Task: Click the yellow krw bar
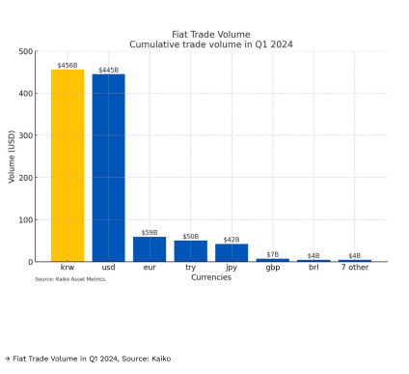tap(68, 165)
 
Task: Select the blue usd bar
tap(109, 168)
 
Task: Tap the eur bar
tap(150, 249)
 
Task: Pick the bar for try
tap(191, 251)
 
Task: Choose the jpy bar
tap(232, 253)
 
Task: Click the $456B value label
tap(68, 66)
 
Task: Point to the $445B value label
tap(109, 71)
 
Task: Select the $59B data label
tap(150, 233)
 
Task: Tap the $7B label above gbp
tap(273, 254)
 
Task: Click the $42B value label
tap(232, 240)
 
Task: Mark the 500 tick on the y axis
tap(26, 51)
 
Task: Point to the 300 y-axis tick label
tap(26, 135)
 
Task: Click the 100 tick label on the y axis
tap(26, 220)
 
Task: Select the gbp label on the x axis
tap(273, 268)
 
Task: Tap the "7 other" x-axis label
tap(355, 268)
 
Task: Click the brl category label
tap(314, 268)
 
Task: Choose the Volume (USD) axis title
tap(12, 157)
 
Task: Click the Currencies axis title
tap(211, 277)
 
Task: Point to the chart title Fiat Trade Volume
tap(211, 35)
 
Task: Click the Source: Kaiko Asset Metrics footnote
tap(70, 279)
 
